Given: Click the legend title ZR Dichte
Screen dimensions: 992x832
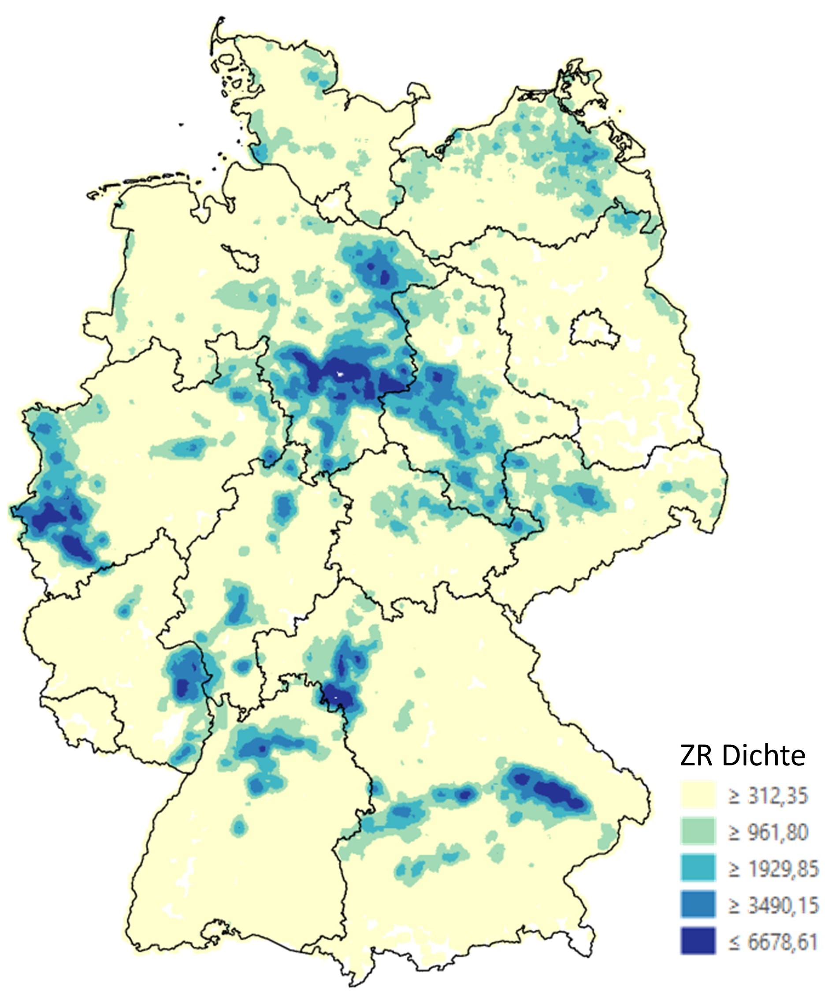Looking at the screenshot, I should click(x=742, y=756).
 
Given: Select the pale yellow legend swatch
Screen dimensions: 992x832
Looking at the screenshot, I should click(x=698, y=795).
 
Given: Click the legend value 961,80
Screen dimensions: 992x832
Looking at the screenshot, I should click(x=769, y=832).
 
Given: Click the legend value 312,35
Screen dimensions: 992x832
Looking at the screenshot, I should click(x=769, y=796).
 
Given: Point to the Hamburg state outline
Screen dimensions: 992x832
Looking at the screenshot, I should click(x=333, y=201).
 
